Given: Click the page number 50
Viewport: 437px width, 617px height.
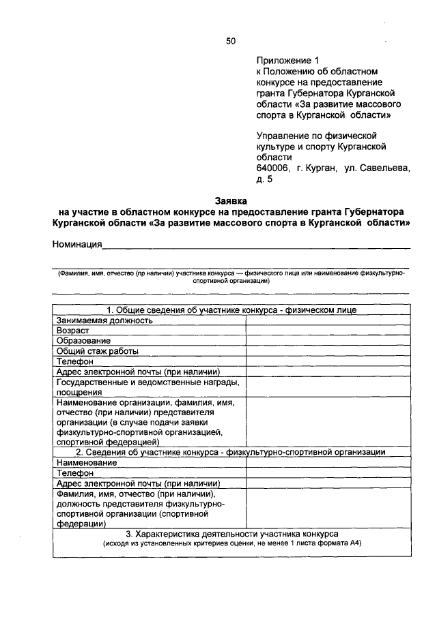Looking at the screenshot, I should [x=231, y=42].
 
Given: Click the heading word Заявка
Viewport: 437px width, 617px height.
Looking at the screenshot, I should [x=231, y=201].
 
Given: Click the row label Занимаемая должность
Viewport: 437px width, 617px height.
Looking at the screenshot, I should [x=104, y=320].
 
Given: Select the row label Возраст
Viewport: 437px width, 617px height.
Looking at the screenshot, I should [x=73, y=330].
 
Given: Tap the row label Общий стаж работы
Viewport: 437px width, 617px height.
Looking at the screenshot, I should [x=98, y=351].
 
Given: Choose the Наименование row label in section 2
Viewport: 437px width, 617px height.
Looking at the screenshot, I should [x=87, y=462].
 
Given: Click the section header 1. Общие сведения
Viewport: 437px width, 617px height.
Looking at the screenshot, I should [x=231, y=310].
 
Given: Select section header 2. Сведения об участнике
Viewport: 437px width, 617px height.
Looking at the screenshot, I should [x=231, y=451].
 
